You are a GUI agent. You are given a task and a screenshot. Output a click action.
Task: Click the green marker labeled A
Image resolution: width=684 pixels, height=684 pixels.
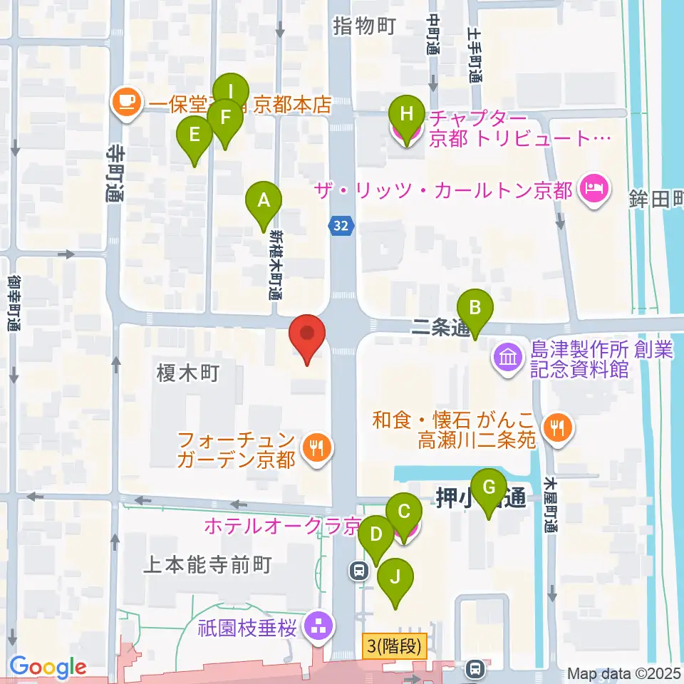click(x=264, y=202)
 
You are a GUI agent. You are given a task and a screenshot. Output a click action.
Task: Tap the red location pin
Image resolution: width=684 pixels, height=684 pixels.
click(x=307, y=336)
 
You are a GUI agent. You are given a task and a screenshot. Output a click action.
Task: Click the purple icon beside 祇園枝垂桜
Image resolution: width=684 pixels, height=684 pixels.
click(x=314, y=627)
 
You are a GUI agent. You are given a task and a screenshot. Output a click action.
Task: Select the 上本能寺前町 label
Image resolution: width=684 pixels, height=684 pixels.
click(x=207, y=565)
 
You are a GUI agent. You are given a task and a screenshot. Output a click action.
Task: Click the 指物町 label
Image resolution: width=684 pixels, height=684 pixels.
click(x=363, y=27)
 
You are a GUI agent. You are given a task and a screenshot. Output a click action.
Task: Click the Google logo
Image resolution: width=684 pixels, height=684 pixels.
click(x=48, y=668)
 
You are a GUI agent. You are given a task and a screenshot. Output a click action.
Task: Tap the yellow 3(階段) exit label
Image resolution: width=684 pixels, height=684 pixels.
click(x=394, y=647)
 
